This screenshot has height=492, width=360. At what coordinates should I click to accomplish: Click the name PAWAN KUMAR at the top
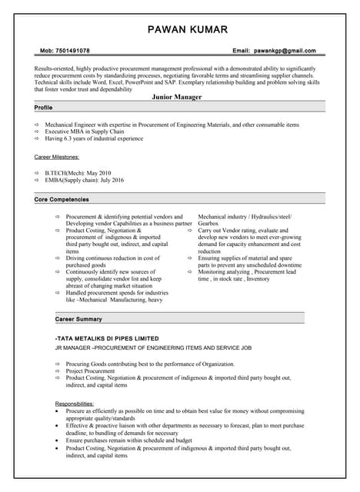point(179,29)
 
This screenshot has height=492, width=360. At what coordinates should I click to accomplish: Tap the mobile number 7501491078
point(74,51)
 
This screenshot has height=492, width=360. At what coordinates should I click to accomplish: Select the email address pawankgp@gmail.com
point(285,51)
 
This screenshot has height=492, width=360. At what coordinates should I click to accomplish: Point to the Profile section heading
point(44,108)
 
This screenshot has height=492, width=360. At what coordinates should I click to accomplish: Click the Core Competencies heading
point(62,199)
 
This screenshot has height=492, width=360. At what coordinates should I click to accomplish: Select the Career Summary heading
point(78,318)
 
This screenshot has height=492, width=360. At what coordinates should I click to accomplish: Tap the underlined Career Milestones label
point(56,157)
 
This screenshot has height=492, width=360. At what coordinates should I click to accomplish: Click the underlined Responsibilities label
point(75,404)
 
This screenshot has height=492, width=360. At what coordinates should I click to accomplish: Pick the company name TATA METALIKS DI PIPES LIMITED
point(107,338)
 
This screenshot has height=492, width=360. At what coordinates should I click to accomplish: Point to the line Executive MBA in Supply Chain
point(85,131)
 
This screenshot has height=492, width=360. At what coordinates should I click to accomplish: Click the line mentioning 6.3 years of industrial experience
point(94,138)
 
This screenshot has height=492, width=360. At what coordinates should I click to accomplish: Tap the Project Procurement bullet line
point(90,371)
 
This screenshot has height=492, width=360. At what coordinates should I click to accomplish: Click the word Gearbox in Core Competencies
point(210,224)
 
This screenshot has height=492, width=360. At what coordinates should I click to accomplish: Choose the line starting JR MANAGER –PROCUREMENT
point(153,348)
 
